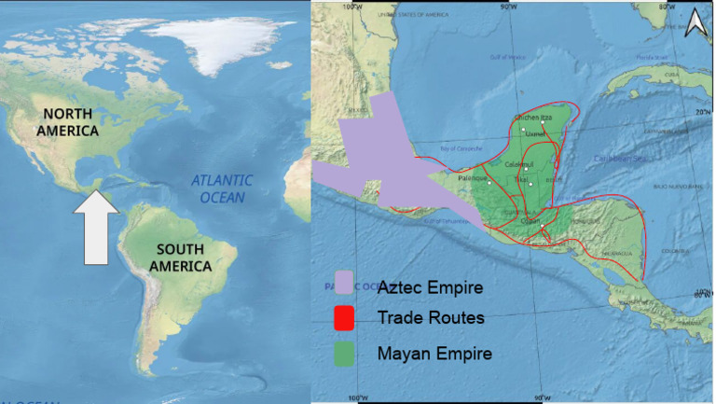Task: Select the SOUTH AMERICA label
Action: click(x=184, y=258)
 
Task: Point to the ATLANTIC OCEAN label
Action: click(x=219, y=188)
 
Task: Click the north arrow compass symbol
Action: click(x=694, y=23)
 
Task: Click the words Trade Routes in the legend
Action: click(x=431, y=318)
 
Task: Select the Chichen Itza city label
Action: click(x=533, y=118)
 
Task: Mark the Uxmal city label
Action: click(x=535, y=133)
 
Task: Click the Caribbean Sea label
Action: click(x=620, y=160)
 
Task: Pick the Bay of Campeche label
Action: click(x=458, y=148)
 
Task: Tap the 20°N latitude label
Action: click(x=704, y=113)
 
